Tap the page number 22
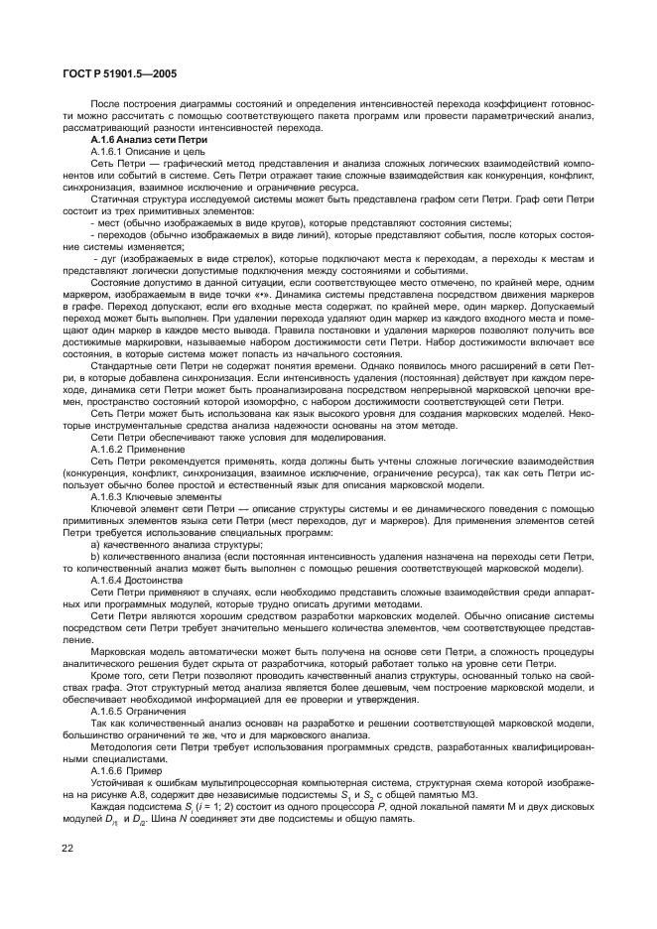pyautogui.click(x=68, y=848)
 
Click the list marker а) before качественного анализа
pyautogui.click(x=95, y=545)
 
